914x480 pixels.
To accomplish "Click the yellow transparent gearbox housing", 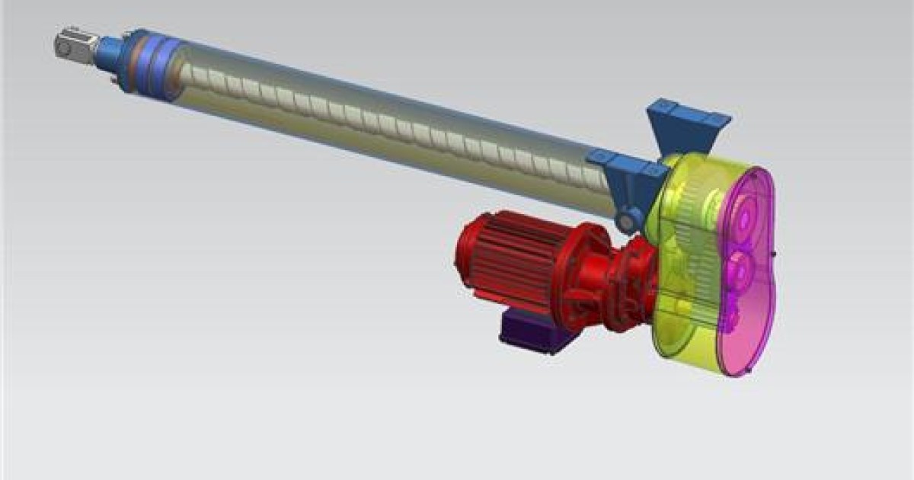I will tap(678, 320).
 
